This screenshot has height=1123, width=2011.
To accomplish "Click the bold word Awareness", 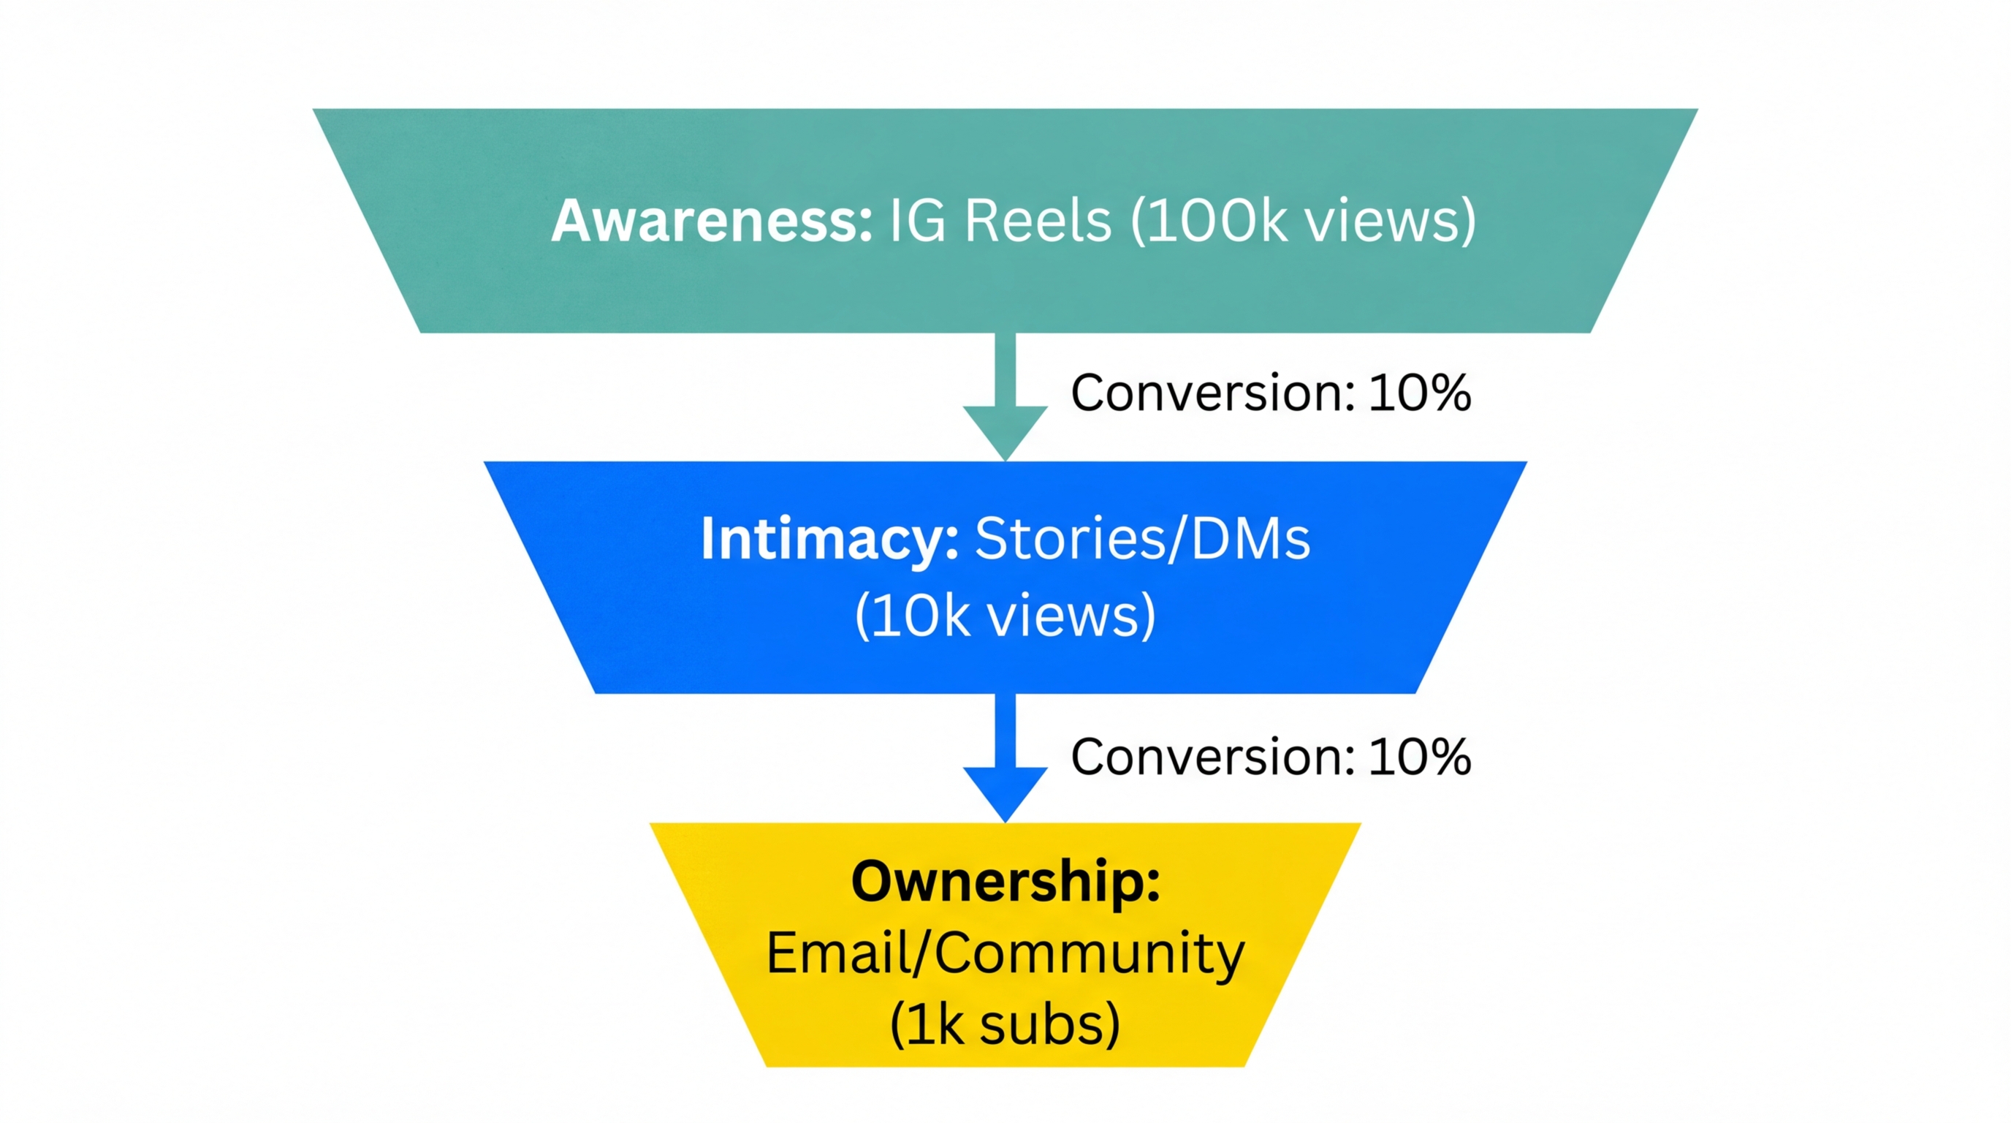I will (x=710, y=221).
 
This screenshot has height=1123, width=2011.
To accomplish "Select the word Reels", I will (x=1038, y=221).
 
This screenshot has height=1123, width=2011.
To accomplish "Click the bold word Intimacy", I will (x=829, y=539).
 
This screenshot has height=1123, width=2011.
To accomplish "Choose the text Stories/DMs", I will (x=1142, y=539).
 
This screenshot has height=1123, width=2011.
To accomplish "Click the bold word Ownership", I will (x=1006, y=882).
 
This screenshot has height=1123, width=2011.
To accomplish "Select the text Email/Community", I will (x=1006, y=954).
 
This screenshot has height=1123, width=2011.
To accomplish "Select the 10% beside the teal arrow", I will (x=1419, y=393).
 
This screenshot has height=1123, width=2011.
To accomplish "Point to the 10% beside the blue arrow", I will (x=1419, y=757).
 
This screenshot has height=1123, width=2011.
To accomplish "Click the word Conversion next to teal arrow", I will (x=1212, y=393).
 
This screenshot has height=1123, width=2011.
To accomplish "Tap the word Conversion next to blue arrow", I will (x=1212, y=757).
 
